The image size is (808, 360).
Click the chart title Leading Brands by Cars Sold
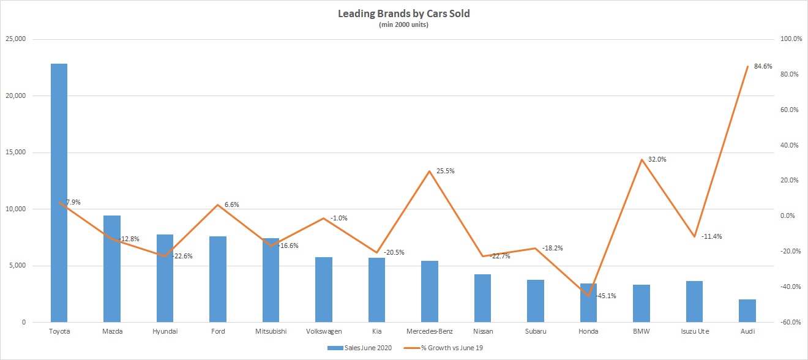(x=403, y=13)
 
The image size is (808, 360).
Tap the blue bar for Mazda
(x=112, y=269)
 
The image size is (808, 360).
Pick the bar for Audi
(x=747, y=311)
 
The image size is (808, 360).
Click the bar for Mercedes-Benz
(x=430, y=291)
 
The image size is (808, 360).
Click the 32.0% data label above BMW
(x=657, y=159)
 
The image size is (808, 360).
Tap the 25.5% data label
(x=445, y=171)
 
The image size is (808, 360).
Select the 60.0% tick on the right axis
(x=789, y=110)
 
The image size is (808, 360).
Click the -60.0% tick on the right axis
(x=788, y=323)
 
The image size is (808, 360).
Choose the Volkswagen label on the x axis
(x=324, y=331)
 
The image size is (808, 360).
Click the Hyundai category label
(x=165, y=331)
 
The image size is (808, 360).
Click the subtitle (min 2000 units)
(x=403, y=24)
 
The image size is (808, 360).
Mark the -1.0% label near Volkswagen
(x=339, y=218)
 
